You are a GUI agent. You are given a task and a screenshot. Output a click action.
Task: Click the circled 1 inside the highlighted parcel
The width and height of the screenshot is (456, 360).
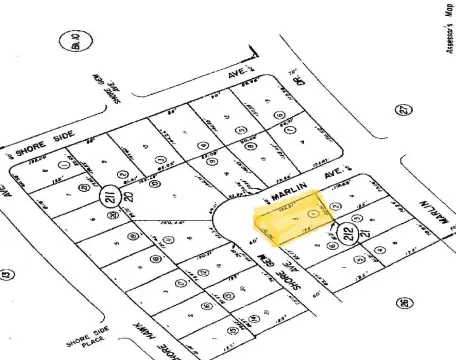pyautogui.click(x=315, y=213)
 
